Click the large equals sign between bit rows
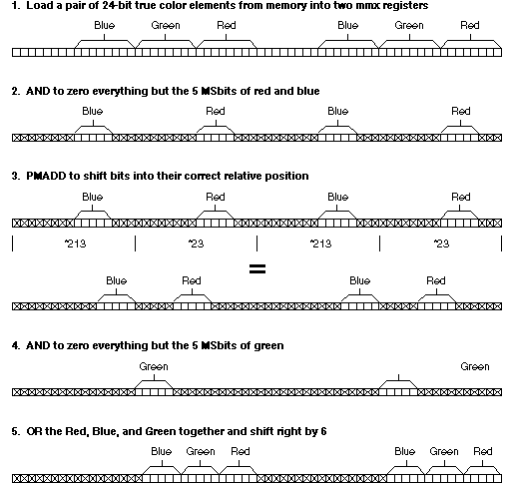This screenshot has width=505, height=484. point(257,268)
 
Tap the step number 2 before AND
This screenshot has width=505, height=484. point(15,91)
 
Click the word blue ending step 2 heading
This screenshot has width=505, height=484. point(308,91)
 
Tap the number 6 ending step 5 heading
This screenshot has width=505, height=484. point(323,431)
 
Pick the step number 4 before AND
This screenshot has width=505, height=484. point(15,345)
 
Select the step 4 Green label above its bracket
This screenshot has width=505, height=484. point(154,366)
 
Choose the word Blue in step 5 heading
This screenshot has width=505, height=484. point(105,431)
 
